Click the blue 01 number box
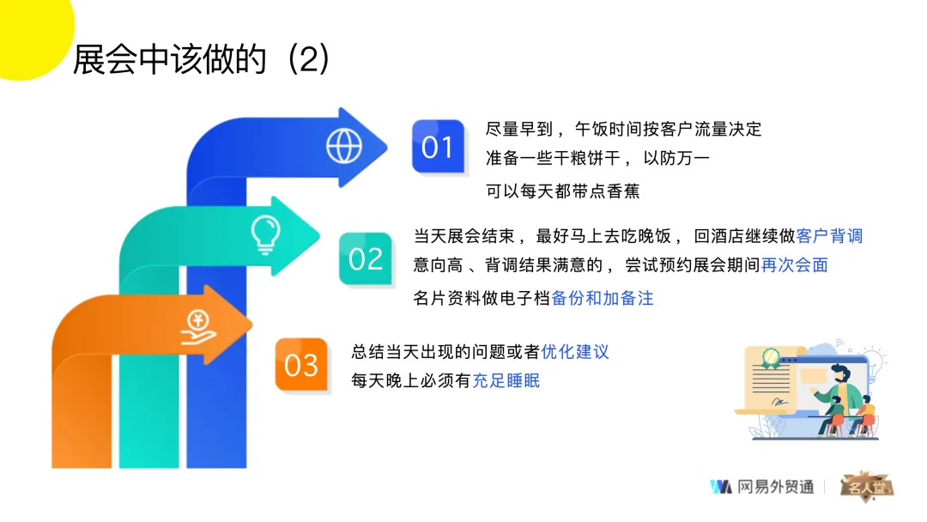click(438, 147)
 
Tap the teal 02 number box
click(366, 258)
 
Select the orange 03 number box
click(301, 365)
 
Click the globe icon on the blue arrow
click(343, 146)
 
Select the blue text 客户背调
click(829, 236)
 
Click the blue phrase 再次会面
click(795, 265)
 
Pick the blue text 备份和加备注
click(603, 299)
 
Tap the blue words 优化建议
click(575, 351)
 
